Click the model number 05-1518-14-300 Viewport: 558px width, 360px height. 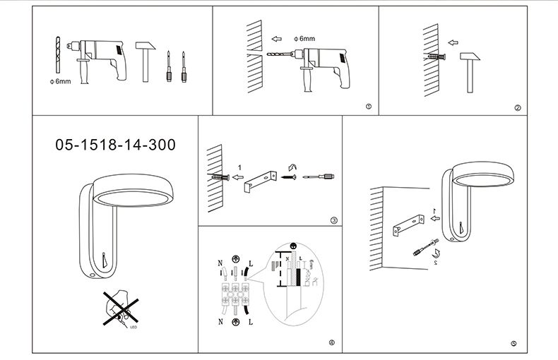115,145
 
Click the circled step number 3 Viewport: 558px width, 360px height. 333,220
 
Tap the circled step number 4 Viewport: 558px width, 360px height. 331,343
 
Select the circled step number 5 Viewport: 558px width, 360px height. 514,344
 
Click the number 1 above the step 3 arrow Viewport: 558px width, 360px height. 240,167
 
